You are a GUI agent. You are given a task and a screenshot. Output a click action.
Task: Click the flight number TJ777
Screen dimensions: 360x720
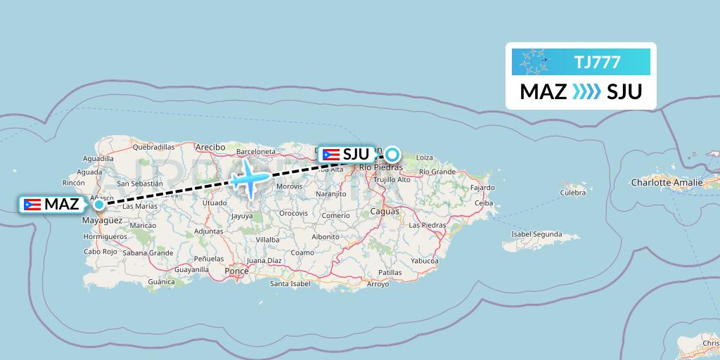point(597,63)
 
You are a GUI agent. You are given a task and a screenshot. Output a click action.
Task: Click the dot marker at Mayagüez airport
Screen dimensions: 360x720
point(99,205)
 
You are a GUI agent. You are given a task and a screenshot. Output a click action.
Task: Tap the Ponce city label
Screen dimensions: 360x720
point(237,271)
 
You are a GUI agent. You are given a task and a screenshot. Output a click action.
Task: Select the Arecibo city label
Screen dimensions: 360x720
point(210,147)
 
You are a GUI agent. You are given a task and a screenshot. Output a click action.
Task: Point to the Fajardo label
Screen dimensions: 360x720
point(483,188)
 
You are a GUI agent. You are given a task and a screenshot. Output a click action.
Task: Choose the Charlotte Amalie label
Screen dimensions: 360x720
point(667,183)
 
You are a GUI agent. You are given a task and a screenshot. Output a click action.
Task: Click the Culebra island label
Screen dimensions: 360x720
point(573,192)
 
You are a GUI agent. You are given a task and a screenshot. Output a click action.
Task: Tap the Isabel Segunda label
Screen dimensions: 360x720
point(537,234)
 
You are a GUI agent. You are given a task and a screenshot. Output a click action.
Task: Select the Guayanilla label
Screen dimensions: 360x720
point(191,269)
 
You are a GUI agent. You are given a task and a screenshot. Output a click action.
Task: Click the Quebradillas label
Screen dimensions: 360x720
point(153,147)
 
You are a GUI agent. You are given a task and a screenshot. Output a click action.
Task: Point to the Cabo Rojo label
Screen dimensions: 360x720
point(100,251)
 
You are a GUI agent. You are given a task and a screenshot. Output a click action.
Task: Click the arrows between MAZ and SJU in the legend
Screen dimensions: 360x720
point(586,92)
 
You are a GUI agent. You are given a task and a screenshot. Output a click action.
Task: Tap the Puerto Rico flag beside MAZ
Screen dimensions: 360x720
point(31,205)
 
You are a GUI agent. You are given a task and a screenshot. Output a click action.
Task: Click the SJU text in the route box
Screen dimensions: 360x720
point(624,92)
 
